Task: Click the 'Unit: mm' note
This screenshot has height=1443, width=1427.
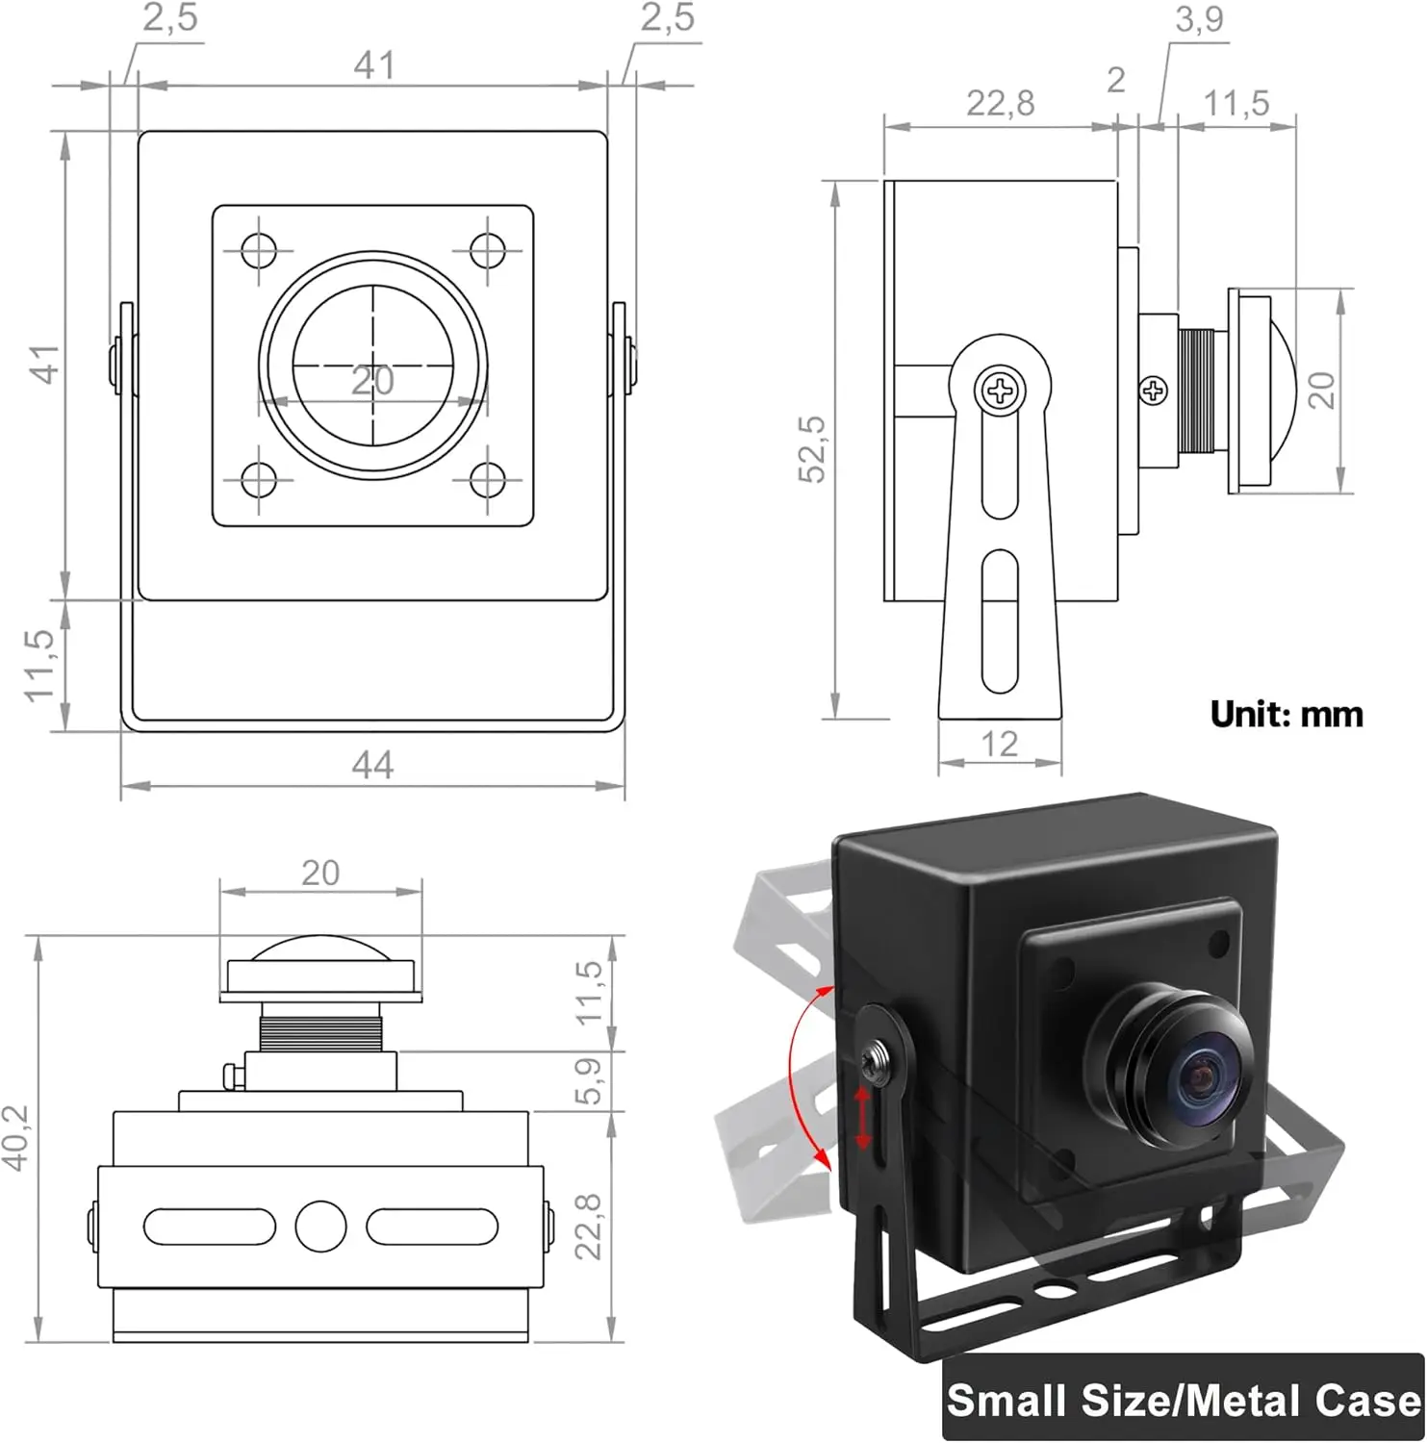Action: pyautogui.click(x=1287, y=715)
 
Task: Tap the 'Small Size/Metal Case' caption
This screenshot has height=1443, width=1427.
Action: pyautogui.click(x=1184, y=1400)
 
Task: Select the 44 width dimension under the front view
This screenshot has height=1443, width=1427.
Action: pyautogui.click(x=372, y=766)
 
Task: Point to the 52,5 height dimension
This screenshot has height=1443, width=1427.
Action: pyautogui.click(x=814, y=448)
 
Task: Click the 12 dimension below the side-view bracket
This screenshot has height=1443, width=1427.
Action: pyautogui.click(x=1000, y=744)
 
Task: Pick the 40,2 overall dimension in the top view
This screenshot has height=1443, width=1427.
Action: pyautogui.click(x=16, y=1137)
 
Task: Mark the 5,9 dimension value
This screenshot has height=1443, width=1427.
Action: pyautogui.click(x=588, y=1080)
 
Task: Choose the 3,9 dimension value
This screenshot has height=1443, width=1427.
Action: pyautogui.click(x=1199, y=19)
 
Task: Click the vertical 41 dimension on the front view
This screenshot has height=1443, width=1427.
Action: pyautogui.click(x=46, y=365)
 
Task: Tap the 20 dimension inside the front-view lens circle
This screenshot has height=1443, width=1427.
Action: pyautogui.click(x=372, y=382)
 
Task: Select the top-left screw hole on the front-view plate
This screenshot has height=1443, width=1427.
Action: pyautogui.click(x=258, y=251)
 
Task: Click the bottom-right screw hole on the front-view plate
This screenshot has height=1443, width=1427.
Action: pyautogui.click(x=488, y=480)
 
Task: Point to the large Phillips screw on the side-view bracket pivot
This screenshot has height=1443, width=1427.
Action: pyautogui.click(x=1001, y=391)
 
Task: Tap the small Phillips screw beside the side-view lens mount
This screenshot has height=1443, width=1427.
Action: pyautogui.click(x=1153, y=391)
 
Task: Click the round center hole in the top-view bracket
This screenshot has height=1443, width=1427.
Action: pyautogui.click(x=320, y=1226)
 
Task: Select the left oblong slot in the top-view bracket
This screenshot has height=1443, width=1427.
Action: pyautogui.click(x=210, y=1226)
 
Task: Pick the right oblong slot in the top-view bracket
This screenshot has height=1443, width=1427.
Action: pyautogui.click(x=432, y=1226)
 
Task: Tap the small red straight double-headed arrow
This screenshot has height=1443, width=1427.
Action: pyautogui.click(x=863, y=1117)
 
